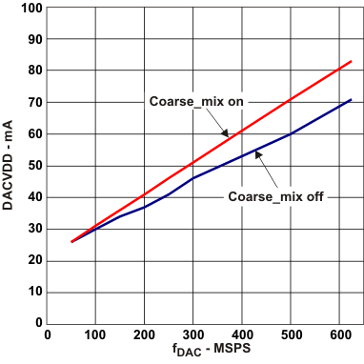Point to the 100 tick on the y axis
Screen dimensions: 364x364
(30, 8)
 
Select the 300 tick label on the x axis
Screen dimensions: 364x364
(192, 335)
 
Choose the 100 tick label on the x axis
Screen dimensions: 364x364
(95, 335)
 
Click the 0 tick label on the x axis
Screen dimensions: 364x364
(48, 335)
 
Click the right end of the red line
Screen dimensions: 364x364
(351, 61)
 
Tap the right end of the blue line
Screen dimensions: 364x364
(351, 100)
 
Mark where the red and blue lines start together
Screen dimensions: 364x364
(71, 242)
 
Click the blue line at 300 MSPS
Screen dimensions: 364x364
(192, 178)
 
